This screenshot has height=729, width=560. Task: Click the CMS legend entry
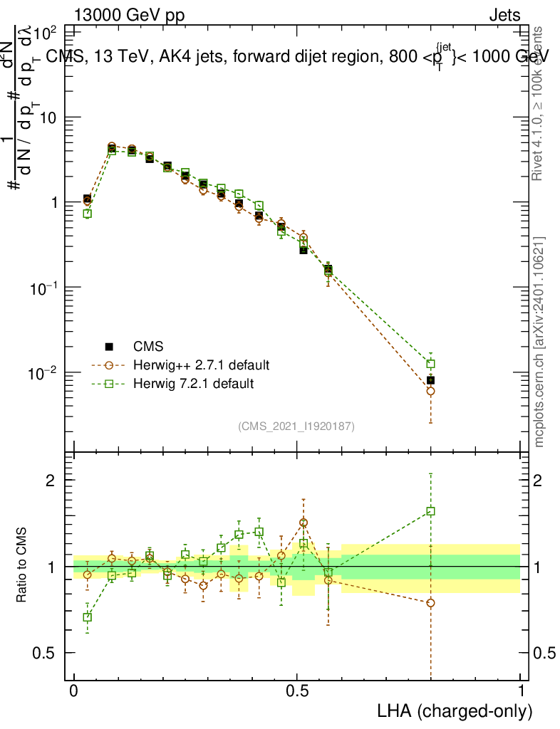point(148,347)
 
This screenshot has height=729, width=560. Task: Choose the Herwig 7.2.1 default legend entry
point(193,384)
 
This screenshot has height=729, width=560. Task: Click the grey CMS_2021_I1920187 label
point(297,426)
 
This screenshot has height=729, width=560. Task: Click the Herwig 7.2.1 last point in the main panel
point(430,364)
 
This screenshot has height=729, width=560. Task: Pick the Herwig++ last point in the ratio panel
point(430,603)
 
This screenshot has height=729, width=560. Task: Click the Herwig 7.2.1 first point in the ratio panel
point(87,617)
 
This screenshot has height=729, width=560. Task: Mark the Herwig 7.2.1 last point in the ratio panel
point(430,511)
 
